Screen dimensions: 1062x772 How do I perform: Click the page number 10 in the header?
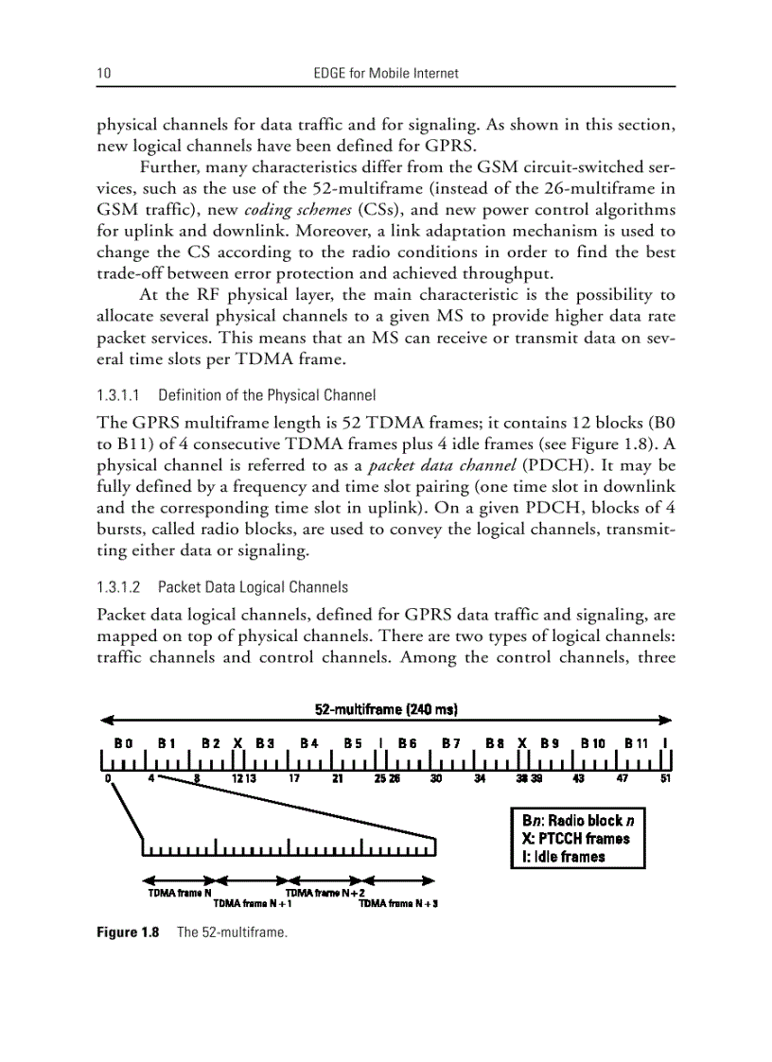click(x=103, y=73)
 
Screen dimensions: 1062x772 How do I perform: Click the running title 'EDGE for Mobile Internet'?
click(x=385, y=73)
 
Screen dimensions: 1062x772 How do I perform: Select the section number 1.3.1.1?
click(x=119, y=395)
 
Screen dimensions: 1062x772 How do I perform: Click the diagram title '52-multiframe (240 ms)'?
click(x=386, y=708)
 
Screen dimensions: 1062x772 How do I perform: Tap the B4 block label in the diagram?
click(x=309, y=743)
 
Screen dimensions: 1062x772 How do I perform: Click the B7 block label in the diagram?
click(x=451, y=743)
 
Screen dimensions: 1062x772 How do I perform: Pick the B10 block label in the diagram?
click(x=592, y=743)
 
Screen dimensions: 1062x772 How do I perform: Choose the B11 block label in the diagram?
click(x=634, y=743)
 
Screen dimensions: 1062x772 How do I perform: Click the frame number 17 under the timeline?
click(x=294, y=779)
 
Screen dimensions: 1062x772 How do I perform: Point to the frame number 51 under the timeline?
click(x=665, y=779)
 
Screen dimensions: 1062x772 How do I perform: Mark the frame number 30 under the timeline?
click(x=435, y=779)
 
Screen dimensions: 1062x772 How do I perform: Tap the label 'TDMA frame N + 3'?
click(x=397, y=904)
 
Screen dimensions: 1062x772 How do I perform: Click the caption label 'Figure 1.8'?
click(x=128, y=933)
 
